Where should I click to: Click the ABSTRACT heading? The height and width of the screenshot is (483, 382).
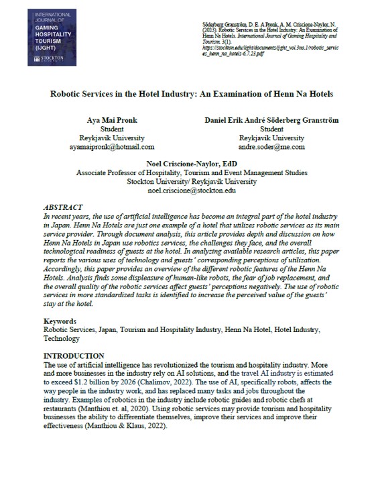click(x=64, y=209)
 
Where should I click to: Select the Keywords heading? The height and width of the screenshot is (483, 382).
click(x=61, y=321)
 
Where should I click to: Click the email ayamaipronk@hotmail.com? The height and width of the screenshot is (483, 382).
click(x=116, y=146)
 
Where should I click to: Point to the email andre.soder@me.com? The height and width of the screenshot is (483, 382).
click(x=271, y=146)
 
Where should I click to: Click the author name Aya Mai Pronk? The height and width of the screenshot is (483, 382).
click(x=116, y=119)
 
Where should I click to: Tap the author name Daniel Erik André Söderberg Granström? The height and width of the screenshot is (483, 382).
click(x=271, y=119)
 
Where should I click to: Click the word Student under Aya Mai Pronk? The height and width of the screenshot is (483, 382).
click(x=116, y=129)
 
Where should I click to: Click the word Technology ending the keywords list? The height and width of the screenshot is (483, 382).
click(x=61, y=339)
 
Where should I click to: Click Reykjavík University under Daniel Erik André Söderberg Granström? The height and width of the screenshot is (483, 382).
click(x=271, y=138)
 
